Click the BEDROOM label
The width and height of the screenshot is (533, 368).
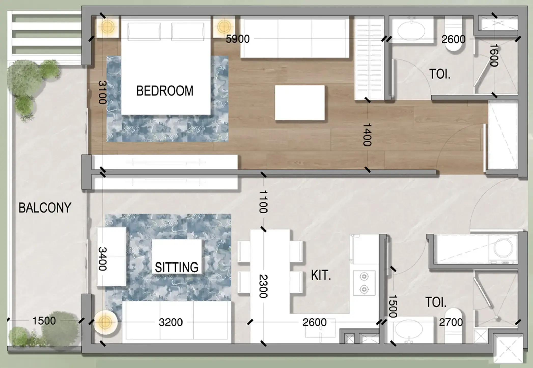[x=165, y=91]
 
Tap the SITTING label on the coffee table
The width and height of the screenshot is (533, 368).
[x=176, y=267]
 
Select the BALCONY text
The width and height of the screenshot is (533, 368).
[x=45, y=208]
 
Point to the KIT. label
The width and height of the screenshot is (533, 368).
[x=321, y=275]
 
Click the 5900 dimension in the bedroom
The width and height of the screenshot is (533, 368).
[x=238, y=39]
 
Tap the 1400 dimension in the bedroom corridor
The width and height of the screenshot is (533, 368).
[x=367, y=135]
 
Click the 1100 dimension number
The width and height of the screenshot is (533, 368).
[x=263, y=202]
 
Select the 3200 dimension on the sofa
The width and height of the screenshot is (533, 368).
[x=171, y=322]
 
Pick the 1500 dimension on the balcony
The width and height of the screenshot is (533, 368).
[x=44, y=321]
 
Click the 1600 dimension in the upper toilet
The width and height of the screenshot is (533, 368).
[x=494, y=55]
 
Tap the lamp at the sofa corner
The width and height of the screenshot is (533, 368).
[x=105, y=322]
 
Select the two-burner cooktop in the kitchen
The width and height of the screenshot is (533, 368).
[x=364, y=283]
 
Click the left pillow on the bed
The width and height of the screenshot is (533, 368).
[x=144, y=32]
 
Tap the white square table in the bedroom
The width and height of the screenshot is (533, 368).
[x=300, y=102]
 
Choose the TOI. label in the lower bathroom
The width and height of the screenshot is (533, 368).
[x=436, y=302]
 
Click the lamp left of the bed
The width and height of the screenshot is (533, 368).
[x=107, y=26]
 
